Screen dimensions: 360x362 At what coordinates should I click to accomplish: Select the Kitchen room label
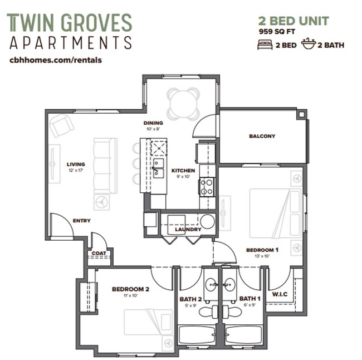(x=183, y=171)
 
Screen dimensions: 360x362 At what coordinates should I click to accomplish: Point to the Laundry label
(x=188, y=230)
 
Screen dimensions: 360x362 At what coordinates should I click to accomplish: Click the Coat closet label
(x=99, y=254)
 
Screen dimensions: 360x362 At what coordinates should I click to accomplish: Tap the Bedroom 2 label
(x=130, y=289)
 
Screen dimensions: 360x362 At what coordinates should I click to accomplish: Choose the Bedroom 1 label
(x=262, y=250)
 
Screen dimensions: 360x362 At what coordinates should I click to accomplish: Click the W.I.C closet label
(x=280, y=294)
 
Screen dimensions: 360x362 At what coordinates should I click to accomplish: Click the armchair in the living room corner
(x=61, y=125)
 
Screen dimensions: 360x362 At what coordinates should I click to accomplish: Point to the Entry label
(x=81, y=221)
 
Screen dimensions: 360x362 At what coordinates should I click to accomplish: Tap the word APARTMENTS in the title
(x=71, y=43)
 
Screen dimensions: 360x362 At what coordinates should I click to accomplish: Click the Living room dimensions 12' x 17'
(x=76, y=170)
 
